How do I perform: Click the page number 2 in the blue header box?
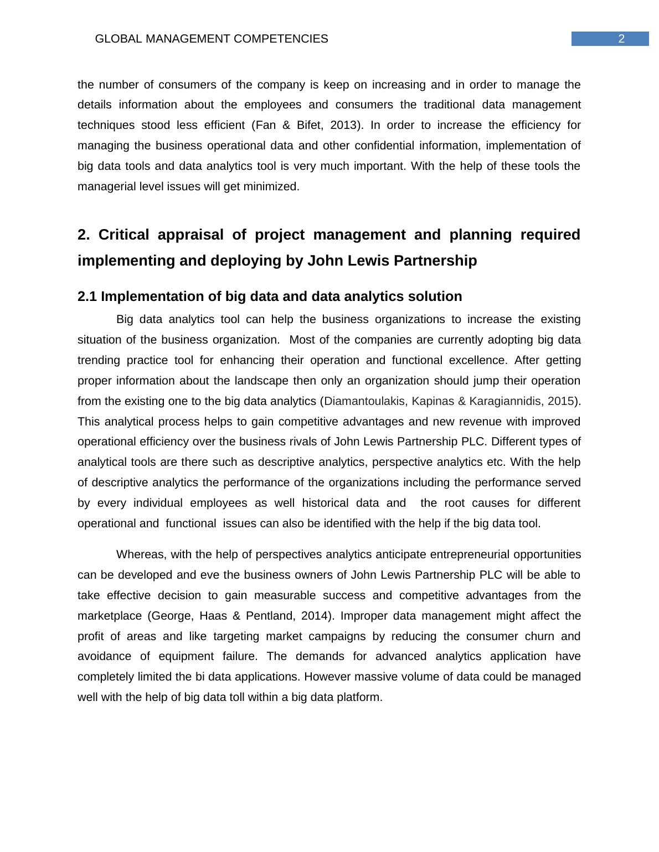point(621,39)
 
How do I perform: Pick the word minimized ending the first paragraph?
point(274,186)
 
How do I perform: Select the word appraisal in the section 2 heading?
point(191,235)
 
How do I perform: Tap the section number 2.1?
point(87,297)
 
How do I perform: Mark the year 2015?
point(560,401)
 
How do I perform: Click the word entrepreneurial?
point(473,554)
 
